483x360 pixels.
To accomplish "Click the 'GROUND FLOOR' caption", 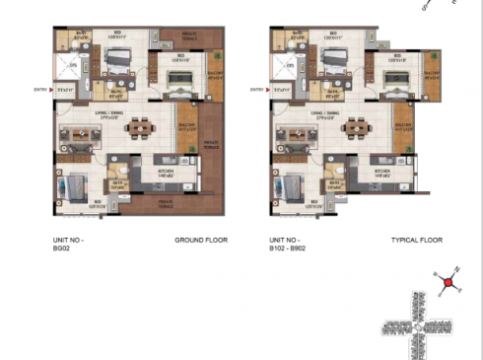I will (196, 240).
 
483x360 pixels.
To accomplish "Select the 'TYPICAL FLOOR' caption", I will (416, 240).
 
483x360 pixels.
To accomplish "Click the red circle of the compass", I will (448, 284).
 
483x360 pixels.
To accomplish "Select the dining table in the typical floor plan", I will (361, 128).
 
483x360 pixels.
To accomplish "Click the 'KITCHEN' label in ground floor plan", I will (163, 171).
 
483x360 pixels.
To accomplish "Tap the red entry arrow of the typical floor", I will (272, 90).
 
